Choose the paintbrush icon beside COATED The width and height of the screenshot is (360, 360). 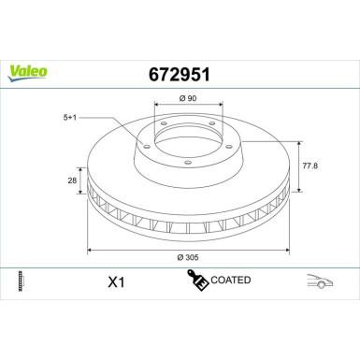(197, 279)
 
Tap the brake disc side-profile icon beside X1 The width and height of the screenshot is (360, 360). (21, 281)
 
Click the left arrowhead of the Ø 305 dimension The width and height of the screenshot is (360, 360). (91, 250)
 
